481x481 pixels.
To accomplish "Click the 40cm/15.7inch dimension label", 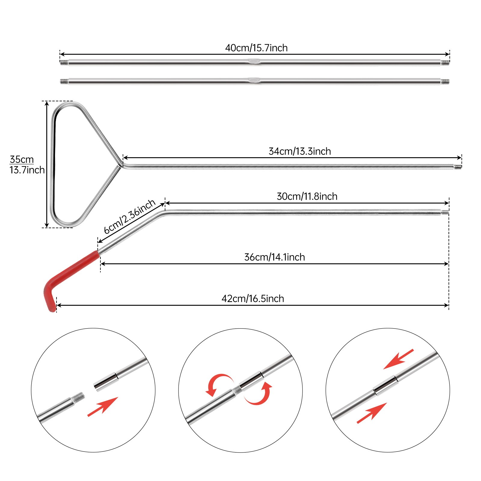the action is click(x=256, y=48).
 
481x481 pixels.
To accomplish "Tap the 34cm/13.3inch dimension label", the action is click(x=300, y=151).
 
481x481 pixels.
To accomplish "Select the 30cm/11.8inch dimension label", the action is click(x=307, y=196).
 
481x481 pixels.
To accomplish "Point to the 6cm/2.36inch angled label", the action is click(x=130, y=216).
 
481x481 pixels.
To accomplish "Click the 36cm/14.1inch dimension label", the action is click(x=274, y=257).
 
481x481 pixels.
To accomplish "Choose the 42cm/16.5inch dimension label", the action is click(x=253, y=299).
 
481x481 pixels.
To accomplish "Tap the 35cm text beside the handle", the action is click(x=22, y=159).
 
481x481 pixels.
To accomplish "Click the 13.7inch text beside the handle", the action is click(x=27, y=170).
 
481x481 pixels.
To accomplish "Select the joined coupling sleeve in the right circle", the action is click(x=386, y=384).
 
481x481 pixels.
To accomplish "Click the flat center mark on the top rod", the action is click(x=254, y=61).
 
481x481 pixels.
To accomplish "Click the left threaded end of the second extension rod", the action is click(x=64, y=81).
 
